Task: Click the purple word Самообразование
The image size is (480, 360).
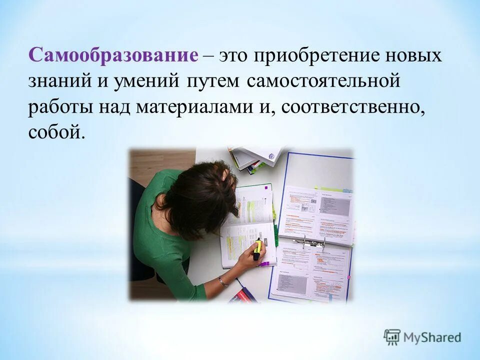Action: click(113, 55)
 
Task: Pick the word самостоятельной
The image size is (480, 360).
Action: click(323, 81)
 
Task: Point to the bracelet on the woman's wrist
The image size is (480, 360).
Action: click(222, 281)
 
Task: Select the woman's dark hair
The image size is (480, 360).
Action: click(200, 197)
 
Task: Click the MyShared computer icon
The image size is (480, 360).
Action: click(392, 337)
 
